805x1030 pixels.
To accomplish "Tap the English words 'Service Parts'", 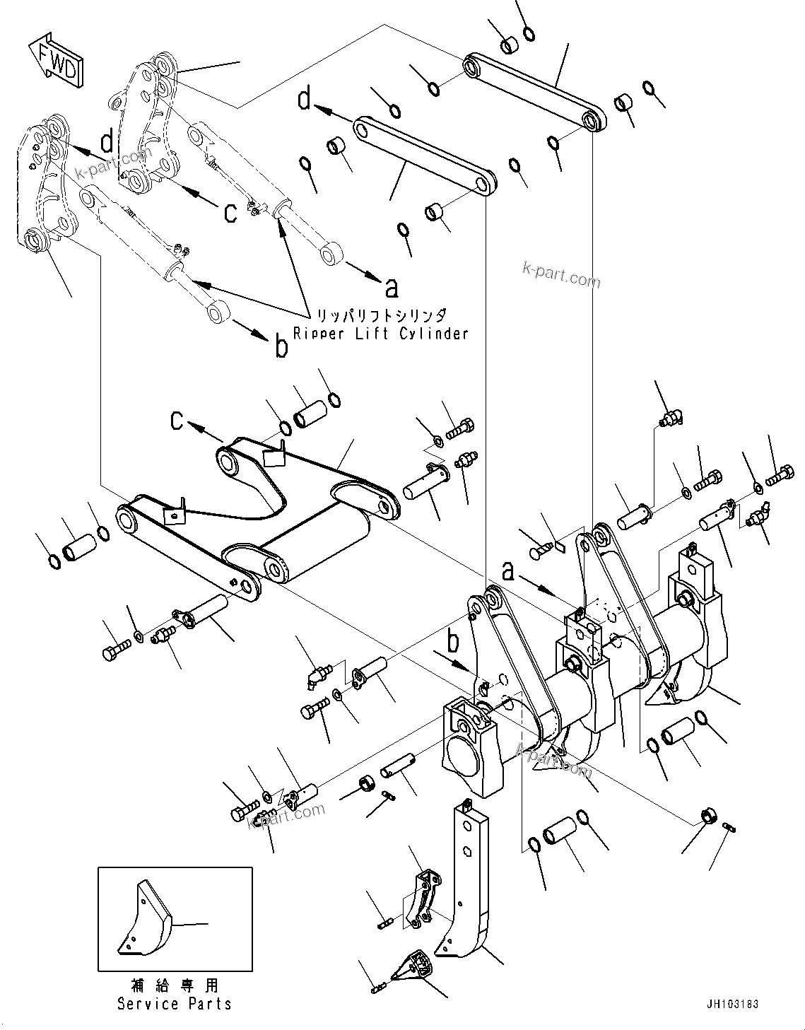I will click(x=174, y=1003).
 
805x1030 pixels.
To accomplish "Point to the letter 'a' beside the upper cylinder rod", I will click(x=391, y=286).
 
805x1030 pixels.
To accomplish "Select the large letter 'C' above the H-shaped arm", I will click(x=177, y=421).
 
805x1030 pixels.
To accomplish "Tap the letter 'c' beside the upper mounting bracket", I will click(x=230, y=212).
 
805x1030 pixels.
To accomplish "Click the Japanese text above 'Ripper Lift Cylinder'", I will click(x=381, y=315).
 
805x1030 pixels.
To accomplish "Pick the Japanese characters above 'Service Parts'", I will click(x=175, y=985).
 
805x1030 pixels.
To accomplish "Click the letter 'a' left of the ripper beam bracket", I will click(x=507, y=571).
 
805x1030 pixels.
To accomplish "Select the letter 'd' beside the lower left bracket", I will click(x=107, y=142).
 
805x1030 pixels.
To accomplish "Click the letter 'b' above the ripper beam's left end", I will click(x=453, y=642).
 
